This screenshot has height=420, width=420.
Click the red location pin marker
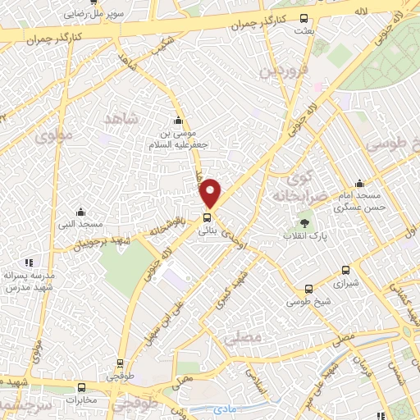(211, 193)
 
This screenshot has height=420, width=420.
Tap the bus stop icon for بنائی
(206, 218)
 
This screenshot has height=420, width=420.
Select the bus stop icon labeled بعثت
(304, 19)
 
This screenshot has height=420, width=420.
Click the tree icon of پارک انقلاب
(304, 221)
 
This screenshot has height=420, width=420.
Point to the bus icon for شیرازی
(345, 270)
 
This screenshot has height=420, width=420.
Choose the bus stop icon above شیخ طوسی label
(308, 289)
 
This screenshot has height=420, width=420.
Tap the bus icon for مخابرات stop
(81, 388)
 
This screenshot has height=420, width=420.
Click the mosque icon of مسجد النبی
(80, 212)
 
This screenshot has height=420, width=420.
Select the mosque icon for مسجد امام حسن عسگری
(359, 184)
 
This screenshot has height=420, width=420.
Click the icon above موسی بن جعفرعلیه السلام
(178, 121)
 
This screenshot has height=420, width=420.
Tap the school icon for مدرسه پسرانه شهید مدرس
(29, 262)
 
